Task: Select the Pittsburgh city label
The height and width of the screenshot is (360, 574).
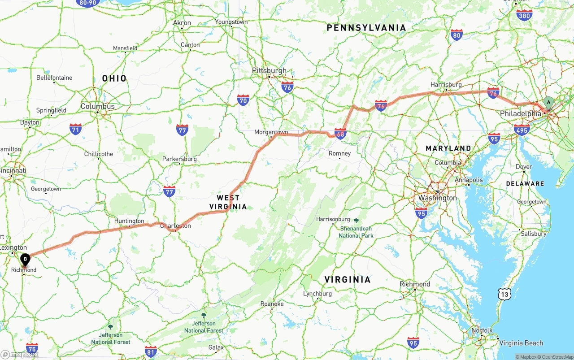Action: (269, 71)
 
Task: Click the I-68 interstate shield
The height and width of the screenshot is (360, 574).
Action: (340, 133)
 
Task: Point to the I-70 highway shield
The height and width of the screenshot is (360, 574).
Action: (243, 100)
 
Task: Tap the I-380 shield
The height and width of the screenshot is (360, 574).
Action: (524, 15)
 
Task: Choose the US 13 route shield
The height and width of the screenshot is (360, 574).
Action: (505, 294)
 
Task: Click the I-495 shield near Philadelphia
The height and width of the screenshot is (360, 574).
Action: (522, 130)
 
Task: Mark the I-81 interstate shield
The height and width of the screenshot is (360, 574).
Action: (151, 351)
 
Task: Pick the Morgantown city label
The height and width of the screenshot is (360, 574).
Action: (271, 132)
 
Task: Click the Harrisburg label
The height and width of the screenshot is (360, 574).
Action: (446, 85)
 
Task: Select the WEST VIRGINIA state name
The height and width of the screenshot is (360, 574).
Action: (228, 202)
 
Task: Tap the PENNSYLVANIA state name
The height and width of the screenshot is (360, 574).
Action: (366, 28)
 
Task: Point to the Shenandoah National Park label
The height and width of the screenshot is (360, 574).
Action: (356, 232)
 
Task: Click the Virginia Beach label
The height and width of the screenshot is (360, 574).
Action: (521, 343)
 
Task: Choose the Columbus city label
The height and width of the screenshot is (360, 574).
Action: (97, 107)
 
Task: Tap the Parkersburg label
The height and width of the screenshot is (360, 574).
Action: (179, 159)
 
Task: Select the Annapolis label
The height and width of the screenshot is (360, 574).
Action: (469, 180)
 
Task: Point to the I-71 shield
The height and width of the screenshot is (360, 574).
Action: (76, 130)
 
